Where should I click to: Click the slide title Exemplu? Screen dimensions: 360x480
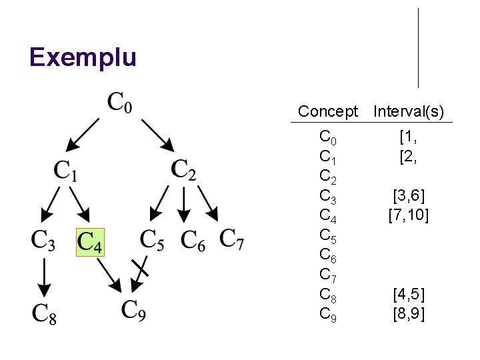[83, 57]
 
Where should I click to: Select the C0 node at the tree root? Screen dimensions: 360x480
[120, 104]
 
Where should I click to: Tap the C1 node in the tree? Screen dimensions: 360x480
[65, 171]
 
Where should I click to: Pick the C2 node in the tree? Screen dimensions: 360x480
[183, 170]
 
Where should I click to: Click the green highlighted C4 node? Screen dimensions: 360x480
[90, 243]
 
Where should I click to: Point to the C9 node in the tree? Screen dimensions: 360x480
[133, 310]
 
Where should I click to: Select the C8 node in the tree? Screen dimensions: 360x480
[44, 313]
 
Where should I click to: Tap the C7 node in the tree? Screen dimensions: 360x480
[232, 239]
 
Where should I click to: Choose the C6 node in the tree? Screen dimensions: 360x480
[193, 241]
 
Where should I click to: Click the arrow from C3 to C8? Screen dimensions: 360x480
[43, 277]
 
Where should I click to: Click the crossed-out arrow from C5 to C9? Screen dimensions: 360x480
[140, 272]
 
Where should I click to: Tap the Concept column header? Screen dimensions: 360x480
[328, 111]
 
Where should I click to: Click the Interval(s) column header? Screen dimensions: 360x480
[409, 111]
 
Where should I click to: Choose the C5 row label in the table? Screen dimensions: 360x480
[328, 235]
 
